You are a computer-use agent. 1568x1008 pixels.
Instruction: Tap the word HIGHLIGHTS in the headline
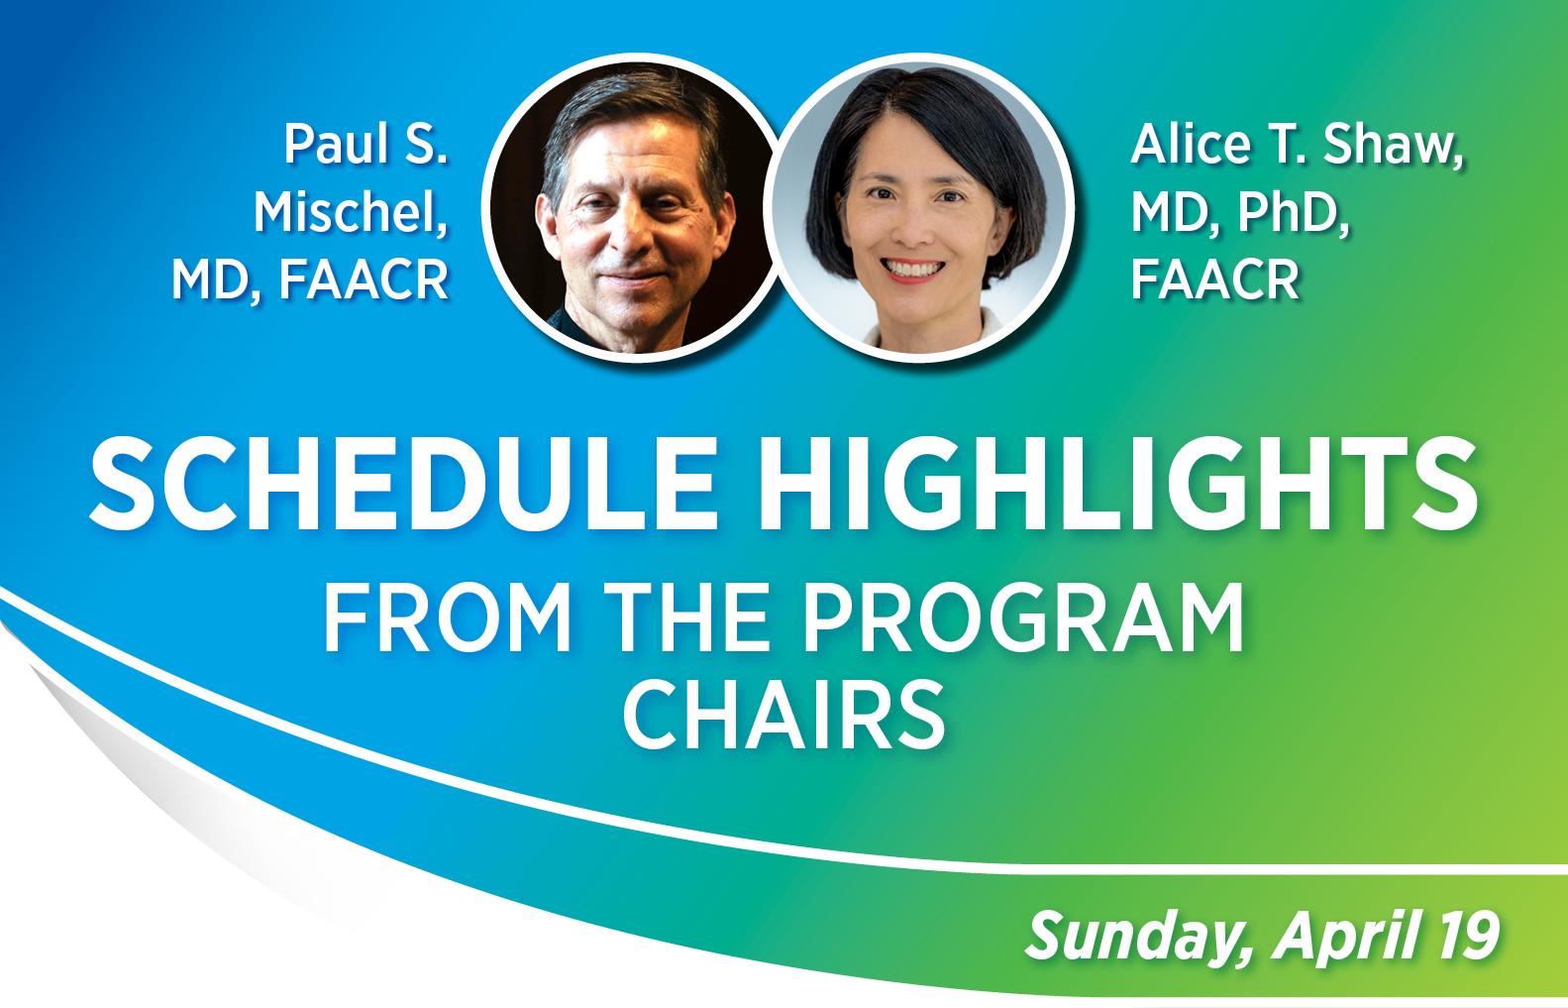[1118, 485]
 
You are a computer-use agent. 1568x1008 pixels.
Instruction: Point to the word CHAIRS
[784, 716]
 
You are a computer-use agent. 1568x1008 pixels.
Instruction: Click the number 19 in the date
[1469, 936]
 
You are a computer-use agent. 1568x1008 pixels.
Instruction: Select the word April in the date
[1349, 936]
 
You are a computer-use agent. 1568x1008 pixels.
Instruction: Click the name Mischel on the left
[350, 212]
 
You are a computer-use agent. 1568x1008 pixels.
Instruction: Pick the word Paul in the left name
[336, 145]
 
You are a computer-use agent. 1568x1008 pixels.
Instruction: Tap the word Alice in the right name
[1193, 145]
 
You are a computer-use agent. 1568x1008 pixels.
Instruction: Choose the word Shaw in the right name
[1393, 145]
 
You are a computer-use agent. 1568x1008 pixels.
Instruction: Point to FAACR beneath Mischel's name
[364, 280]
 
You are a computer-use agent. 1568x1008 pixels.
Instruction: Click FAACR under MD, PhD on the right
[1214, 280]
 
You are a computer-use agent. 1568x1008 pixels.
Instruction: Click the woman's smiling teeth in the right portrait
[912, 269]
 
